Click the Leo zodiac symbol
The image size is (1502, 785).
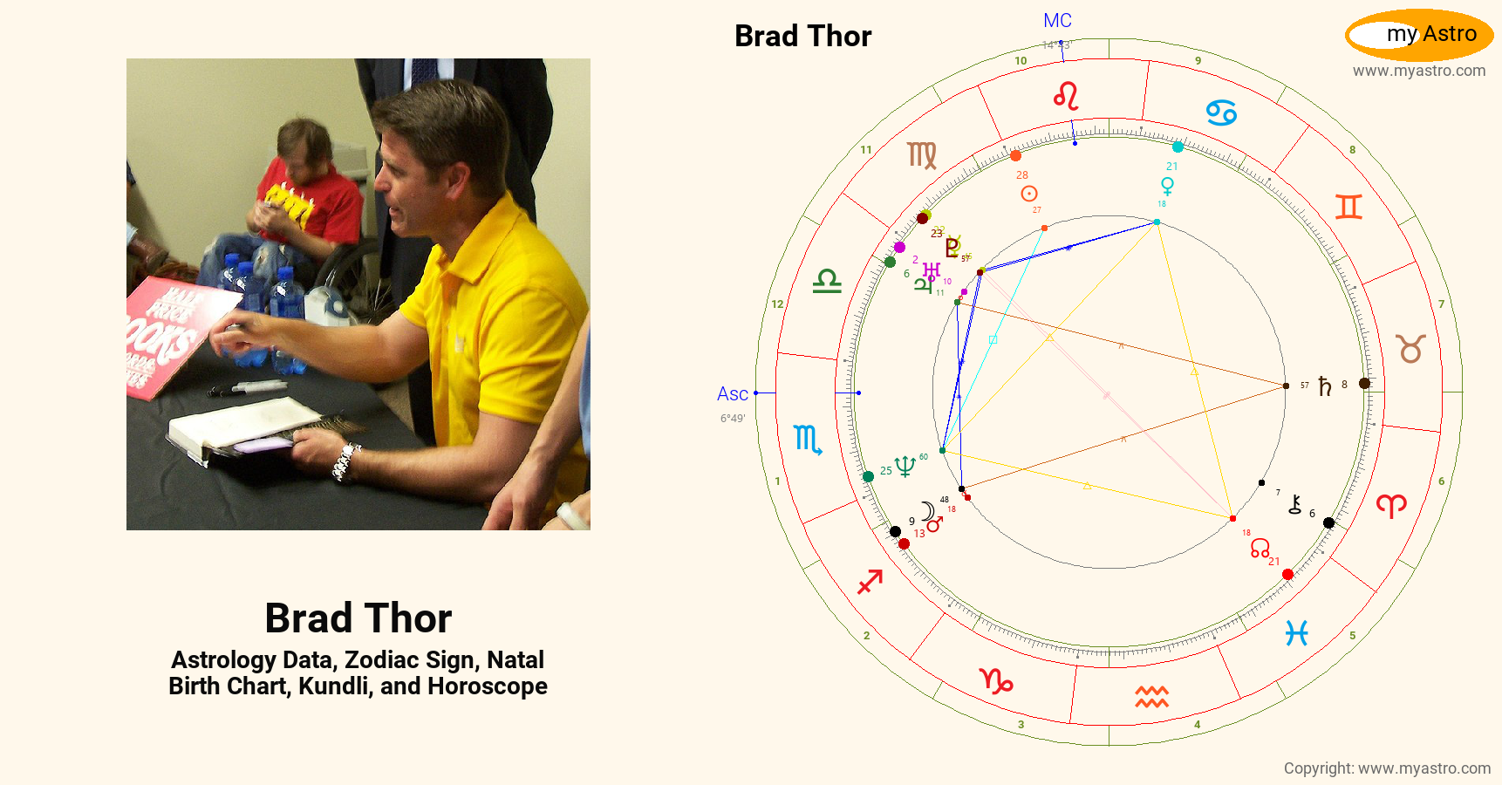pos(1066,96)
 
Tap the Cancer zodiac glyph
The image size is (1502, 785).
pos(1221,113)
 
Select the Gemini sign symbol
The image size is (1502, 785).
pos(1348,207)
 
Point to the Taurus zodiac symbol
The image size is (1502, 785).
pos(1410,349)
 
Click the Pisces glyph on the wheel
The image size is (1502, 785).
pos(1297,633)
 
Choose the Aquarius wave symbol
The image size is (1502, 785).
pos(1151,697)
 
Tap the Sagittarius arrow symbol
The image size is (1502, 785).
pos(870,581)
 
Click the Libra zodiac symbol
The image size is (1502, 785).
pos(827,281)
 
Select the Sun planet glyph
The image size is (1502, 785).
pos(1029,194)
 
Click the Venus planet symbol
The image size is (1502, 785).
pos(1167,186)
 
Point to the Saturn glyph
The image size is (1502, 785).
pos(1325,386)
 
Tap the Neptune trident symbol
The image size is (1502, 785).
pos(905,467)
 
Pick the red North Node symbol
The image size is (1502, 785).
pos(1260,548)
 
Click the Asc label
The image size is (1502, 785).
pos(733,394)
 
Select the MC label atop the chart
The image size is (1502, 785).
pos(1057,21)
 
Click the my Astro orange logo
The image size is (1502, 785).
pos(1419,35)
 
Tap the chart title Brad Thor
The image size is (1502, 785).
pos(802,37)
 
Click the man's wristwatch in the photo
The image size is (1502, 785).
pos(346,460)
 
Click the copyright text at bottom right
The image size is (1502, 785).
pos(1387,768)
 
